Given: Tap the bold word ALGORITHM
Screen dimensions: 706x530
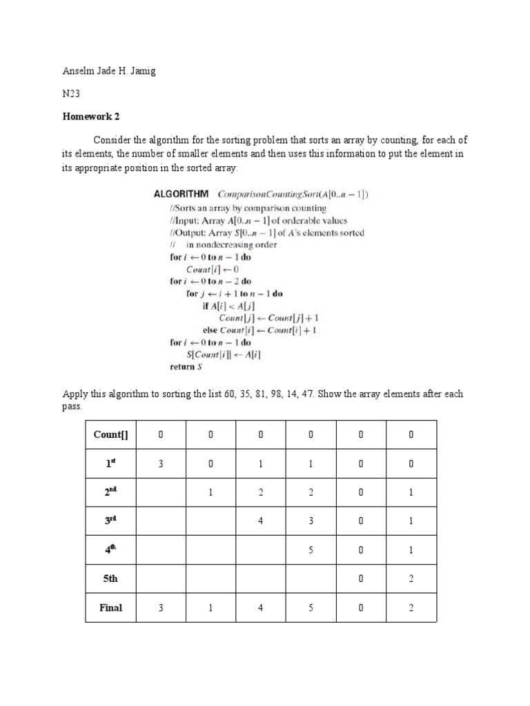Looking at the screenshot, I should click(181, 194).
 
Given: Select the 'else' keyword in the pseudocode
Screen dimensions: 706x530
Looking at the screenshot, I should click(210, 330).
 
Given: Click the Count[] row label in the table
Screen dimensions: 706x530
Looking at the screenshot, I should click(111, 434).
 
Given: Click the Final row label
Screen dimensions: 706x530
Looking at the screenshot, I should click(111, 607).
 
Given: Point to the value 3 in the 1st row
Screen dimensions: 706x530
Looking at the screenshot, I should click(161, 464).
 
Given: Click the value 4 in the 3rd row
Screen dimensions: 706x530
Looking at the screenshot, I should click(261, 522).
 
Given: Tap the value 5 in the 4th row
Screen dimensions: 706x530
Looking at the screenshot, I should click(311, 551).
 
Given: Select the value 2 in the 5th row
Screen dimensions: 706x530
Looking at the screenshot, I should click(411, 579).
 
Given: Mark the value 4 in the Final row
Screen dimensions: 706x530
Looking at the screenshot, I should click(261, 607).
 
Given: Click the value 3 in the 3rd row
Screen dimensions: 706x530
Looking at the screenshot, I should click(311, 522).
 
